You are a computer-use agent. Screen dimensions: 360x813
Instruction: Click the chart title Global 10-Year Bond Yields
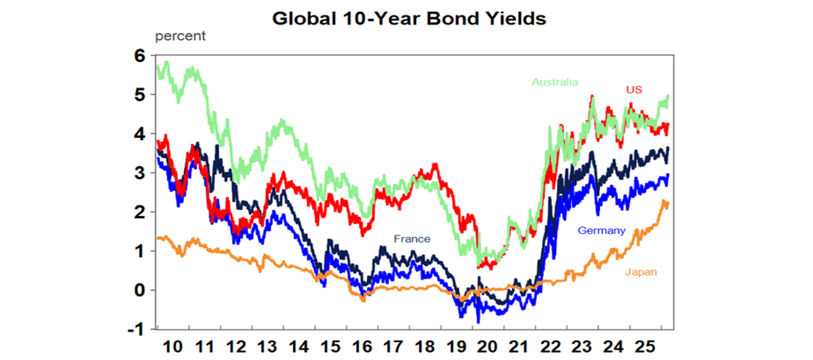409,19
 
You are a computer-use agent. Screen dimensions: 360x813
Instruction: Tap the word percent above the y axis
180,37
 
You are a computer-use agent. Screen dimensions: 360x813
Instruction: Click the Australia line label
555,82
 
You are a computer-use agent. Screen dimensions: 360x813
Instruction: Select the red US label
634,90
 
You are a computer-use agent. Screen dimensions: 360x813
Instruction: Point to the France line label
412,239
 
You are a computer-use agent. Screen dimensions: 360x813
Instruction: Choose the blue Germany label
602,231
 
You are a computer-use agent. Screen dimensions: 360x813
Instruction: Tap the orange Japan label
641,272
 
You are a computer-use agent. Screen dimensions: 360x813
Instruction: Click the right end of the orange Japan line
668,203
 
